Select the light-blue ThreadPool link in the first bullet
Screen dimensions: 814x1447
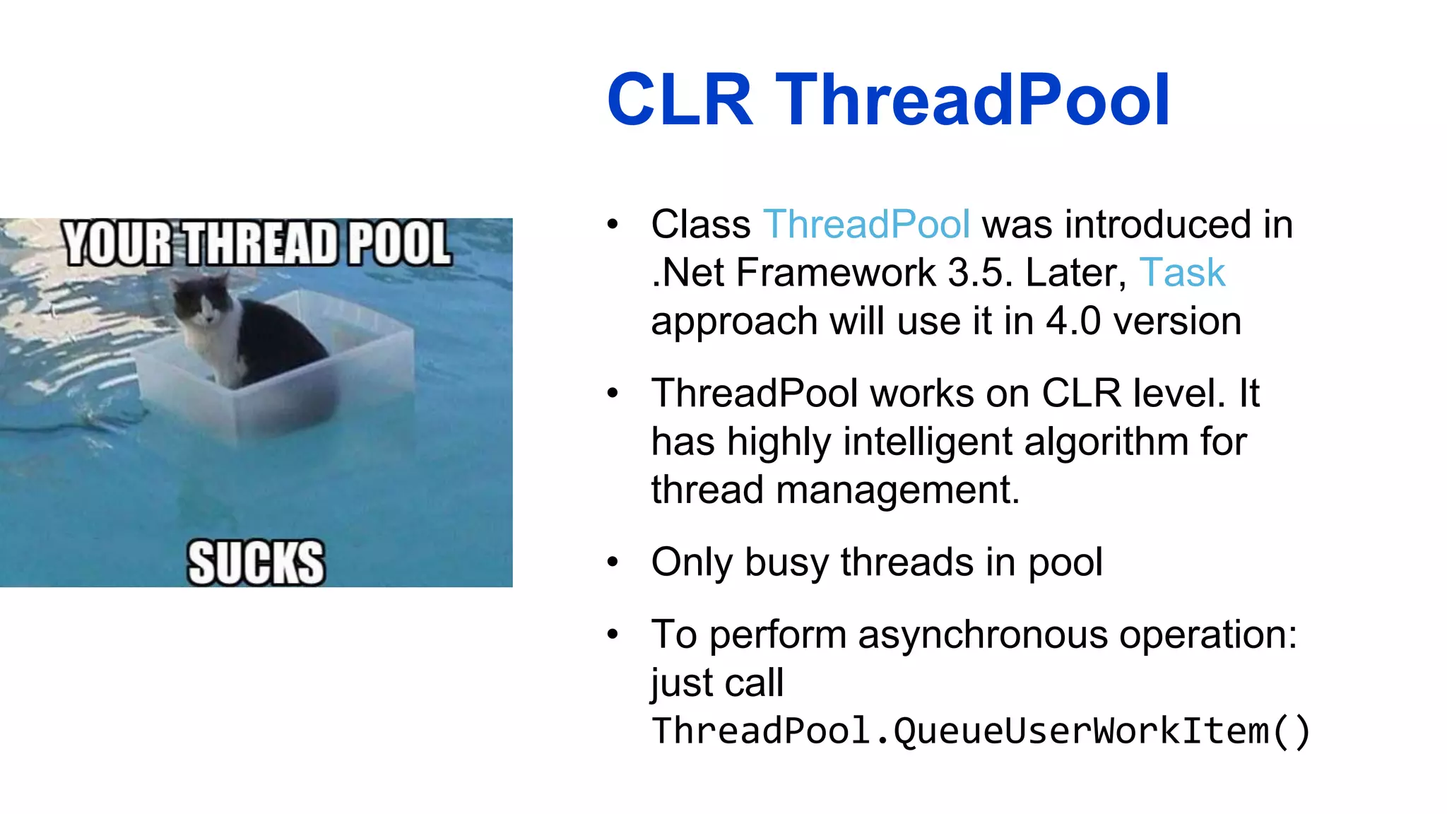point(866,225)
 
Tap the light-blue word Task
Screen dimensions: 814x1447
point(1182,273)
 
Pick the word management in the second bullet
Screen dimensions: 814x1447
point(897,490)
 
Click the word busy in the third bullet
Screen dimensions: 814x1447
point(786,562)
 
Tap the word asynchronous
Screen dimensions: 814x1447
point(982,635)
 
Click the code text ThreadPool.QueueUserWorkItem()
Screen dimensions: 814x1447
point(981,731)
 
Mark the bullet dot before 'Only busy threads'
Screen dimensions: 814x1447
point(612,562)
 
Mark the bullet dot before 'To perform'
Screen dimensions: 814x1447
point(612,635)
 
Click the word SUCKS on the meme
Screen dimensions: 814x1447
point(256,563)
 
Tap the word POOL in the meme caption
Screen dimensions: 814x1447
point(399,244)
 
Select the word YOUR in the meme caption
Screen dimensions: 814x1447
point(117,244)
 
